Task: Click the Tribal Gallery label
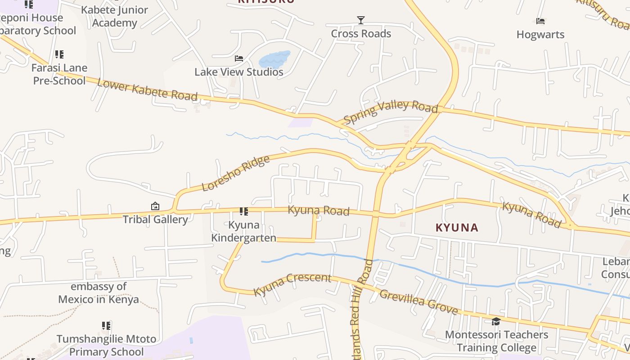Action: pyautogui.click(x=155, y=220)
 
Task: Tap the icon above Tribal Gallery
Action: pyautogui.click(x=155, y=207)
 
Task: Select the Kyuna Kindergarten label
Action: pyautogui.click(x=244, y=231)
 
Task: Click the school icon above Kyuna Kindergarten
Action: pyautogui.click(x=244, y=211)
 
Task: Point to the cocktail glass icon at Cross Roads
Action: pyautogui.click(x=360, y=20)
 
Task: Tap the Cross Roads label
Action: pyautogui.click(x=361, y=34)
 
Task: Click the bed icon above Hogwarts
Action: pyautogui.click(x=540, y=21)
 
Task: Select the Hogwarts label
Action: pyautogui.click(x=540, y=35)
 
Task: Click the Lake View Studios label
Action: pyautogui.click(x=239, y=72)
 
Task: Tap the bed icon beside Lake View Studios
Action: pyautogui.click(x=239, y=58)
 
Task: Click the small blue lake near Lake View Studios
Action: pyautogui.click(x=274, y=59)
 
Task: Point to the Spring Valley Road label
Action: pyautogui.click(x=391, y=111)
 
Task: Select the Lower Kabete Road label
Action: pyautogui.click(x=147, y=90)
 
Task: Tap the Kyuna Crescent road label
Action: pyautogui.click(x=292, y=284)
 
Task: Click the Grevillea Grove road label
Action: pyautogui.click(x=418, y=302)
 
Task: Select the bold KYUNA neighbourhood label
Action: pyautogui.click(x=457, y=228)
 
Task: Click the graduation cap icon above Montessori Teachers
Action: pyautogui.click(x=496, y=321)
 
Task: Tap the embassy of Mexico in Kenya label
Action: pyautogui.click(x=99, y=293)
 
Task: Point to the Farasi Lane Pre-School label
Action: pyautogui.click(x=59, y=74)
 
